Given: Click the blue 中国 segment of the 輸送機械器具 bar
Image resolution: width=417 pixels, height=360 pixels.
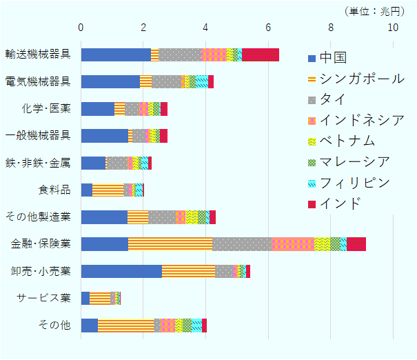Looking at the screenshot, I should pos(116,55).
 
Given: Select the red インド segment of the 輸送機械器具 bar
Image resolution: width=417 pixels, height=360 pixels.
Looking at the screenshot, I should pos(261,55).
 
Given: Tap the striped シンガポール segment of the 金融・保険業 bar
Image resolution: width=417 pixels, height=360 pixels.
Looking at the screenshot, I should pos(170,243).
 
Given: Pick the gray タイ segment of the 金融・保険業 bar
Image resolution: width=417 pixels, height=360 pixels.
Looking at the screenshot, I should pos(242,243).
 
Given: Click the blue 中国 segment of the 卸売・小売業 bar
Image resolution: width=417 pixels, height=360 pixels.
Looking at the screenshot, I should pos(121,271).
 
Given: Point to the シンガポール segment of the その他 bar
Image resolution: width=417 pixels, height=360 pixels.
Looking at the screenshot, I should pos(125,325).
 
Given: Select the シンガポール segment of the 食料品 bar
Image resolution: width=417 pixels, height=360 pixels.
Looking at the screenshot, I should pos(108,190).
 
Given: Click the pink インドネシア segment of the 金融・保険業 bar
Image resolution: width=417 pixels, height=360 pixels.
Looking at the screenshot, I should pos(292,243).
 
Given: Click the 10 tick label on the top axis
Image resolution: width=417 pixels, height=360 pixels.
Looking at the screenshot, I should pos(393,28).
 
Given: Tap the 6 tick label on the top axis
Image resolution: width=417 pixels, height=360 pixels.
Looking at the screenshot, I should pos(268,28).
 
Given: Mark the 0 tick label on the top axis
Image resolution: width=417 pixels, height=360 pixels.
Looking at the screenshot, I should pos(81,28).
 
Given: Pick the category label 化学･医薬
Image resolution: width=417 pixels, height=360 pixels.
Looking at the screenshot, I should pos(46,109).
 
